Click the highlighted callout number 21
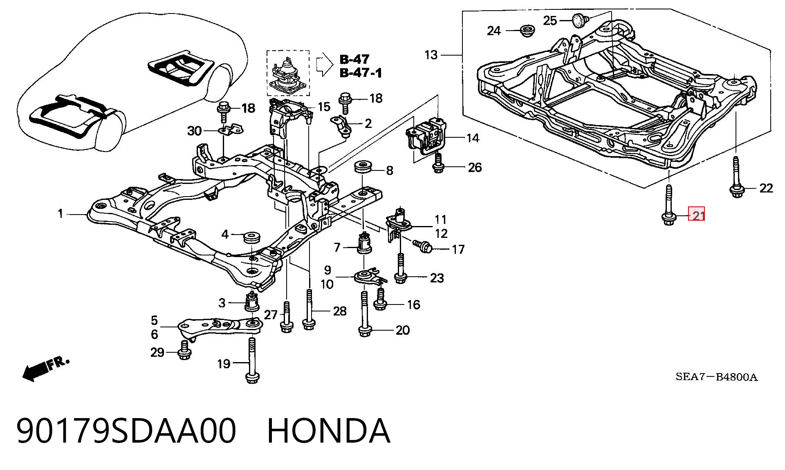[697, 215]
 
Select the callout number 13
[431, 55]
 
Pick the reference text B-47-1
[361, 73]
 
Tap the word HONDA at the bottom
[329, 431]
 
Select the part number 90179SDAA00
[126, 431]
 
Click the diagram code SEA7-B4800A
[716, 377]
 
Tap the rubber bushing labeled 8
[363, 168]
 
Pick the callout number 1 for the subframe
[61, 213]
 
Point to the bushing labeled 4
[252, 237]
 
